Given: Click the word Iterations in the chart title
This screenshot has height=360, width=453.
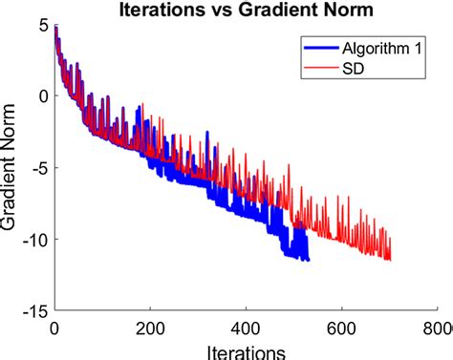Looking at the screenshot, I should (x=159, y=11).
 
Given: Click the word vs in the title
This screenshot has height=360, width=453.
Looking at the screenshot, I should (x=214, y=11).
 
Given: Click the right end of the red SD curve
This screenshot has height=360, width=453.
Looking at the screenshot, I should (x=390, y=259).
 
